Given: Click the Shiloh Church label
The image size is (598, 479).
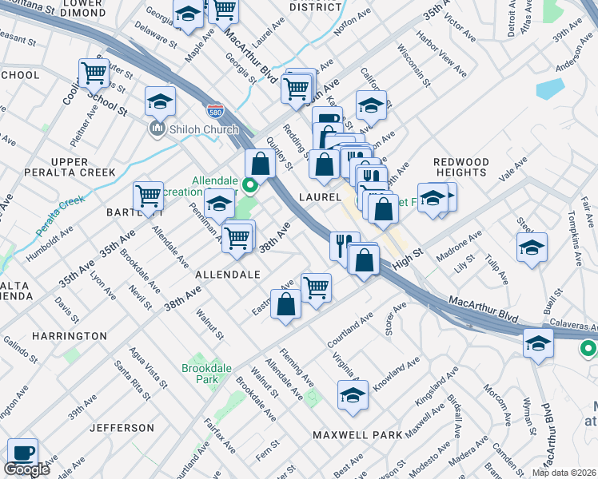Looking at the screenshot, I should click(191, 129).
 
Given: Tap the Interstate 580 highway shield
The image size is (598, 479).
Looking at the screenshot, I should click(214, 110).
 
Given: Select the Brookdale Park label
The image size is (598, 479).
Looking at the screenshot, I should click(200, 374).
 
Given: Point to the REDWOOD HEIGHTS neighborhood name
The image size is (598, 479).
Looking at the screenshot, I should click(460, 168).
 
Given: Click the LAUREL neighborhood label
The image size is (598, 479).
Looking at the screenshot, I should click(321, 196).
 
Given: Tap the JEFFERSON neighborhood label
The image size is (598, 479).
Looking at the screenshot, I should click(121, 428).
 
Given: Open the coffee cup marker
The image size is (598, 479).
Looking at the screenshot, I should click(22, 453).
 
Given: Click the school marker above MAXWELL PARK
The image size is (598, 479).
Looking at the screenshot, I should click(353, 395).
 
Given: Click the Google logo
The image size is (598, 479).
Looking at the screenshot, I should click(26, 469).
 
